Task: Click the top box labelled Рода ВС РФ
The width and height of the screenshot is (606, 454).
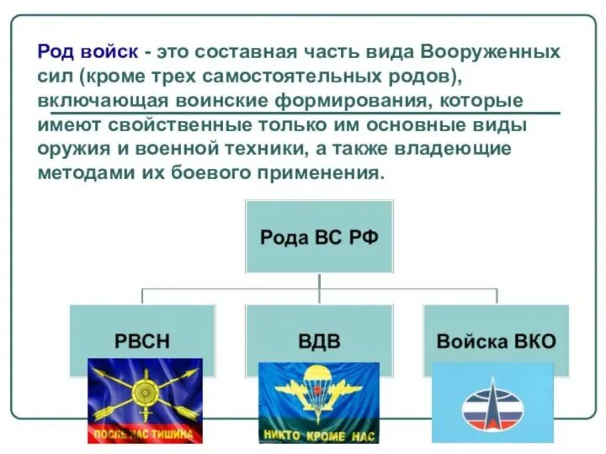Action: (x=319, y=236)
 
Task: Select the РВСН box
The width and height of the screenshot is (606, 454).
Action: (x=142, y=341)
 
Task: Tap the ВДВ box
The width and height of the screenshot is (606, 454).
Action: (x=319, y=341)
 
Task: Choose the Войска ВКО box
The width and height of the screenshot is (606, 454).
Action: (x=496, y=341)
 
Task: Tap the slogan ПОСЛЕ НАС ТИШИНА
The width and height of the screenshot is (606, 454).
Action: (x=145, y=435)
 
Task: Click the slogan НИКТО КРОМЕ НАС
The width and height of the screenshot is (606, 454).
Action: (x=318, y=436)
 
